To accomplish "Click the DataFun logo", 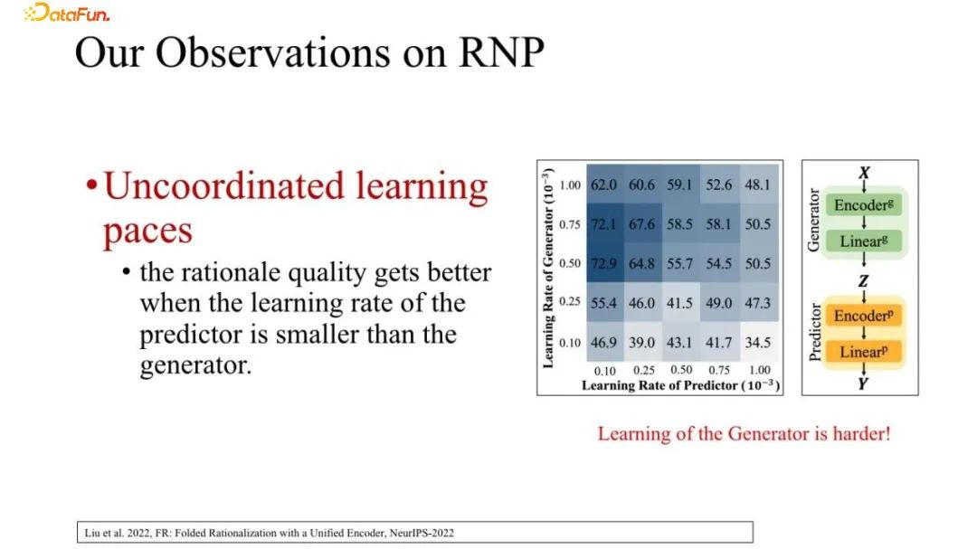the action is point(67,13).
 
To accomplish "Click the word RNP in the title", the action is point(501,52).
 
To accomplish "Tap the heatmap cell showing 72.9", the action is point(604,263).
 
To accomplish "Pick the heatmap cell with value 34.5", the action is point(758,342).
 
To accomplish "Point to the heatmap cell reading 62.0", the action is point(604,185).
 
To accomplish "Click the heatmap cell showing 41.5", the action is point(680,303).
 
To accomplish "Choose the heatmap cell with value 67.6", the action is point(642,223).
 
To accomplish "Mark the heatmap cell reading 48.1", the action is point(758,185).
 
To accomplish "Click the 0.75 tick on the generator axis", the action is point(570,224).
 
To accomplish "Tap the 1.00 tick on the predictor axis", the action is point(760,370).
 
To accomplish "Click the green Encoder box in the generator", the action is point(864,205).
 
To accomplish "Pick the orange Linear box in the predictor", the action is point(864,352).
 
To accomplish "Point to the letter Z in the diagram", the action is point(863,281).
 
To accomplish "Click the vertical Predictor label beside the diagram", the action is point(814,332).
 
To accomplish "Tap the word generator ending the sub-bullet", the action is point(195,365).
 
